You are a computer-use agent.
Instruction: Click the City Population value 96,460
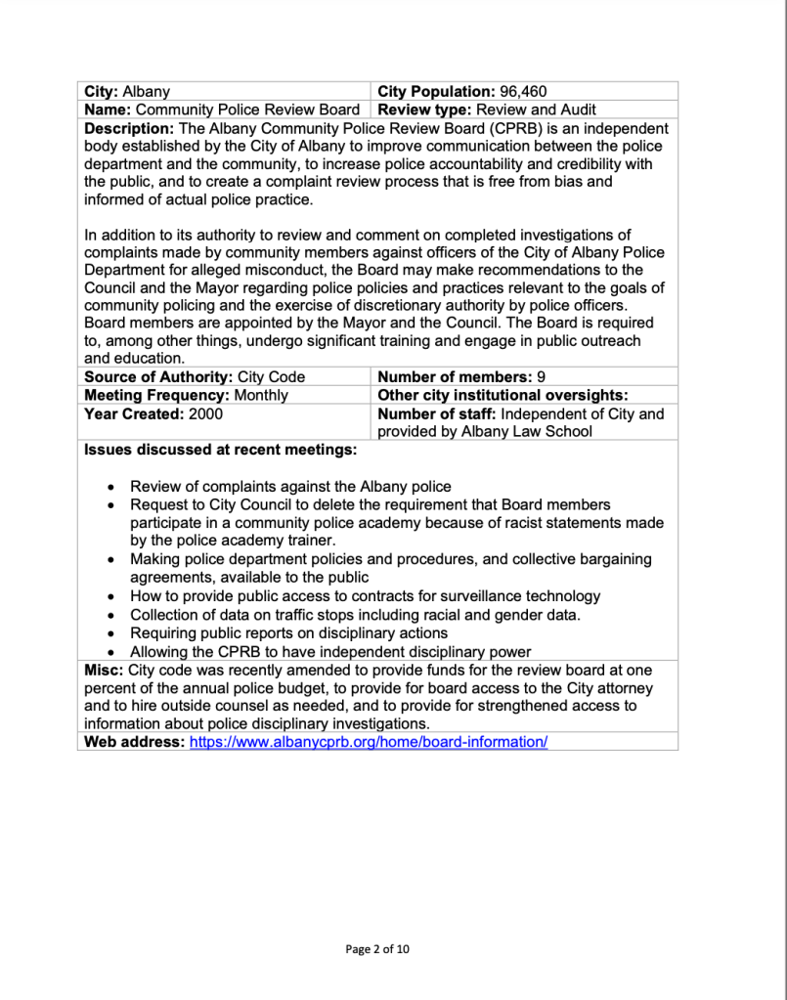532,92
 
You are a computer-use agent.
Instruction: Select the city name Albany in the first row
146,92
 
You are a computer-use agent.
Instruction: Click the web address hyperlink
369,742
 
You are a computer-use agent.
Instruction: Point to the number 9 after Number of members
541,376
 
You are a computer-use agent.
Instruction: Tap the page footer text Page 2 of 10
377,948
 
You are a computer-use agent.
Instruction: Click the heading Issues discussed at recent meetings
221,451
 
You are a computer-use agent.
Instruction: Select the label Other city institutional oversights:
502,395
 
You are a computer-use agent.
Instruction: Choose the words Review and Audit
536,109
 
